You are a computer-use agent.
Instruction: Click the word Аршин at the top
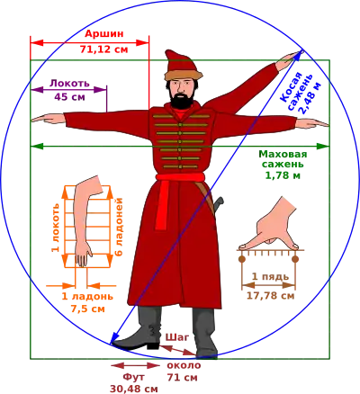[x=104, y=34]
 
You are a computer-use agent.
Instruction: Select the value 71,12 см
[x=104, y=49]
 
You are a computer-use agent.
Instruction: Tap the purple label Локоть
[x=69, y=83]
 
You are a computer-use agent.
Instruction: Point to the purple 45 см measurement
[x=69, y=97]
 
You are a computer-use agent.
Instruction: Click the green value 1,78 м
[x=283, y=175]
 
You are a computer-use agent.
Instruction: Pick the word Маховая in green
[x=283, y=154]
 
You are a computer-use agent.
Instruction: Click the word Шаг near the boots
[x=177, y=337]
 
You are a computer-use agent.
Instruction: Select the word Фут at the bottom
[x=134, y=377]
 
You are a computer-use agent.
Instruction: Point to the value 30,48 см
[x=134, y=389]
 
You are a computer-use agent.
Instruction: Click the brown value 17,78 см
[x=271, y=296]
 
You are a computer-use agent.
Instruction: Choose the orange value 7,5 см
[x=88, y=309]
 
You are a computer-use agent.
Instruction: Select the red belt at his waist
[x=180, y=177]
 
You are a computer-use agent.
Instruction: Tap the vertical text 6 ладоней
[x=119, y=227]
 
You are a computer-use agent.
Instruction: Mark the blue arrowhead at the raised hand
[x=299, y=56]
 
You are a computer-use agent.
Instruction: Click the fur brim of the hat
[x=183, y=75]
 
